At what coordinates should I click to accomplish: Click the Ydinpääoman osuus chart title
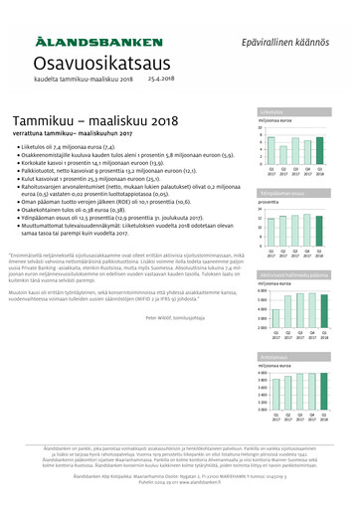(x=282, y=195)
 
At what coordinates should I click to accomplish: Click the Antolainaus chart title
(x=274, y=356)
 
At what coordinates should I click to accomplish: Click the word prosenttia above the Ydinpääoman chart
(x=272, y=202)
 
